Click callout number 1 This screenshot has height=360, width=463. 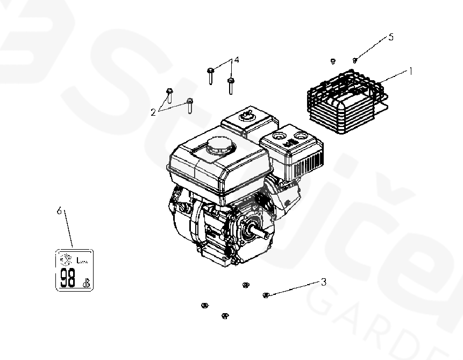[x=410, y=70]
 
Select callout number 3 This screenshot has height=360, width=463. [x=323, y=281]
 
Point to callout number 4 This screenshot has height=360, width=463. [x=236, y=60]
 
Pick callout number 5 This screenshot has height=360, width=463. [x=391, y=37]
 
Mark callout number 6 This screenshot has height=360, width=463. [x=60, y=211]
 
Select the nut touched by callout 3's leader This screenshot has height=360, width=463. [x=265, y=294]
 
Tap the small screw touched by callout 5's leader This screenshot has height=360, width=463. [x=354, y=60]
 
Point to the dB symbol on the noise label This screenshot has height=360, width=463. [x=86, y=283]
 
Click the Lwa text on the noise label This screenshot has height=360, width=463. [x=82, y=262]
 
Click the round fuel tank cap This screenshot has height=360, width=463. [x=219, y=144]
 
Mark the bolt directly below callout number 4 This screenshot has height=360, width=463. [x=231, y=86]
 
